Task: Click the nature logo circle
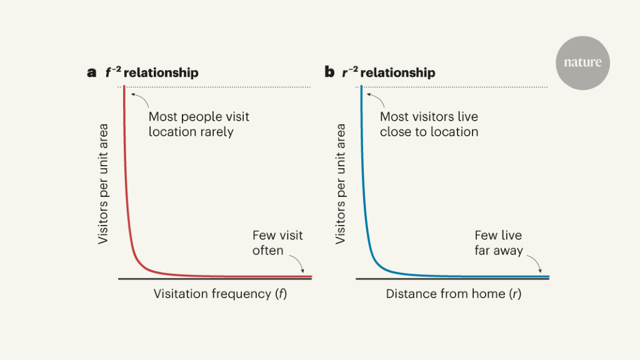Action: tap(582, 62)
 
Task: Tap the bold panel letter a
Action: tap(92, 72)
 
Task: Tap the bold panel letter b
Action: tap(329, 72)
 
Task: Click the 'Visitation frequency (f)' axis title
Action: tap(220, 294)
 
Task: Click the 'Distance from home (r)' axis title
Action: tap(453, 294)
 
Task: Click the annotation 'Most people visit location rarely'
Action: tap(199, 124)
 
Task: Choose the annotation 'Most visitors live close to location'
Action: tap(429, 124)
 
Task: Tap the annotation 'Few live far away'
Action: tap(498, 243)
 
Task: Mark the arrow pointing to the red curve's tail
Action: tap(297, 265)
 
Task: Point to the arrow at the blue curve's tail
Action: tap(534, 265)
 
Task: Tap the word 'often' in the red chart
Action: tap(267, 251)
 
